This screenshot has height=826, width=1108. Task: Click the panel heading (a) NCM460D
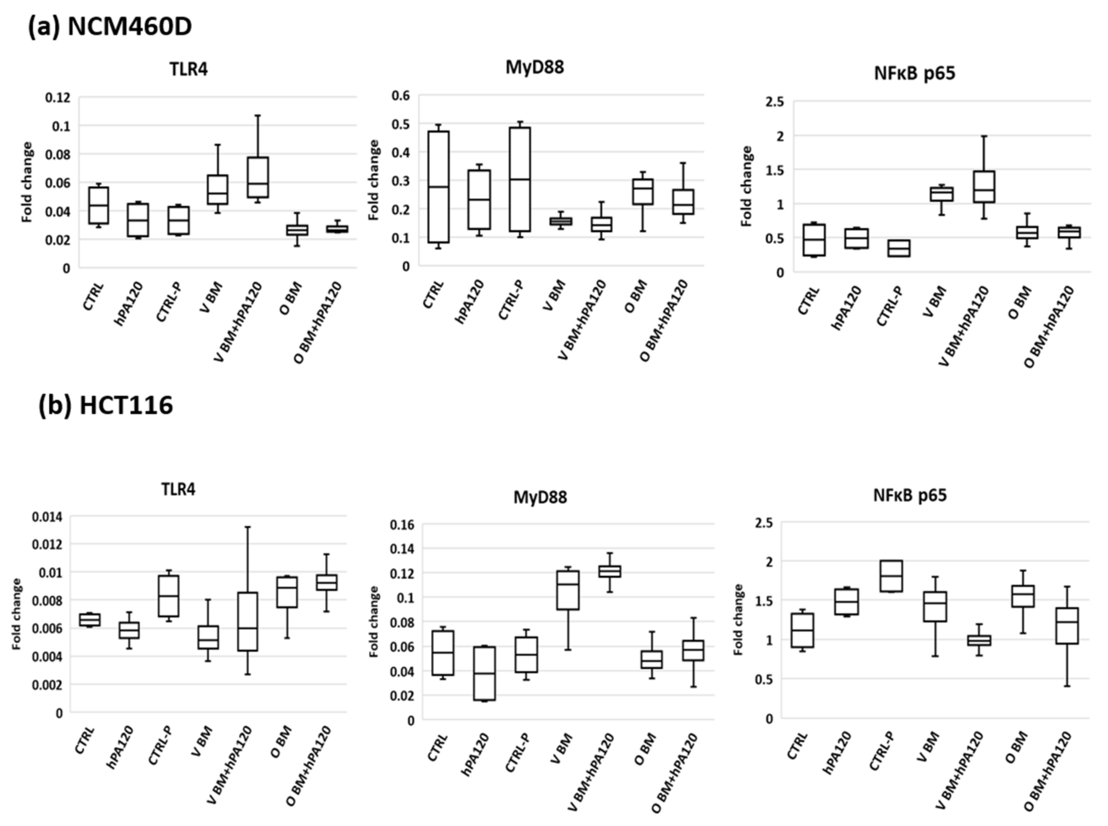coord(110,26)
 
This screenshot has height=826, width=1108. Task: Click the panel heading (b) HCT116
coord(106,405)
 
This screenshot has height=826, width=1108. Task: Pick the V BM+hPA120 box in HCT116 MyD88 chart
coord(609,571)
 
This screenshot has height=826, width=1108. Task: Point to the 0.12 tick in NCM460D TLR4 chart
coord(58,97)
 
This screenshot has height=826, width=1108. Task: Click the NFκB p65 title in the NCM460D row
coord(915,73)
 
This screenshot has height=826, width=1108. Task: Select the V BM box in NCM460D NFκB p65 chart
coord(941,194)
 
